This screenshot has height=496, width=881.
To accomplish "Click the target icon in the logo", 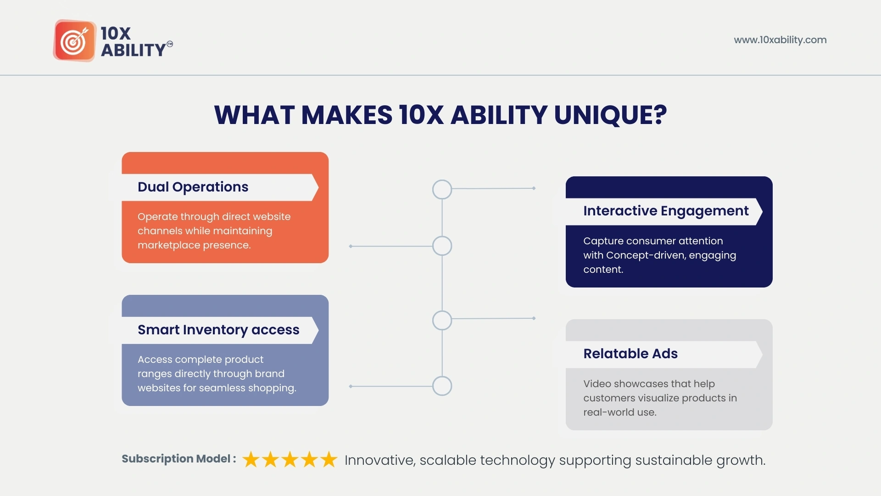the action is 74,40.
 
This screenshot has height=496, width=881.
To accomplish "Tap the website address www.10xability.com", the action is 780,40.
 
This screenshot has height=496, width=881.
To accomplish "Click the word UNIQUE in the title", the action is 610,115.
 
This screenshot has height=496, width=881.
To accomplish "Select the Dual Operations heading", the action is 193,187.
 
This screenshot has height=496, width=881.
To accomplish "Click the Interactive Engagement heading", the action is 666,211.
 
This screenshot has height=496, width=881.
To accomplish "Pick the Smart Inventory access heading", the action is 218,330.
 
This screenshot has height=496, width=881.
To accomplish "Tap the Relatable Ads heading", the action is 630,354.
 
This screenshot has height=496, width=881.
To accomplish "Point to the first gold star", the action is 251,459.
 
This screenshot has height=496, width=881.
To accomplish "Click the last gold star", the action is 329,459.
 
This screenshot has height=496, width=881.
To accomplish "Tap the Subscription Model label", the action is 179,459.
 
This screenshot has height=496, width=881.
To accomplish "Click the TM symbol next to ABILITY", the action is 170,44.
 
